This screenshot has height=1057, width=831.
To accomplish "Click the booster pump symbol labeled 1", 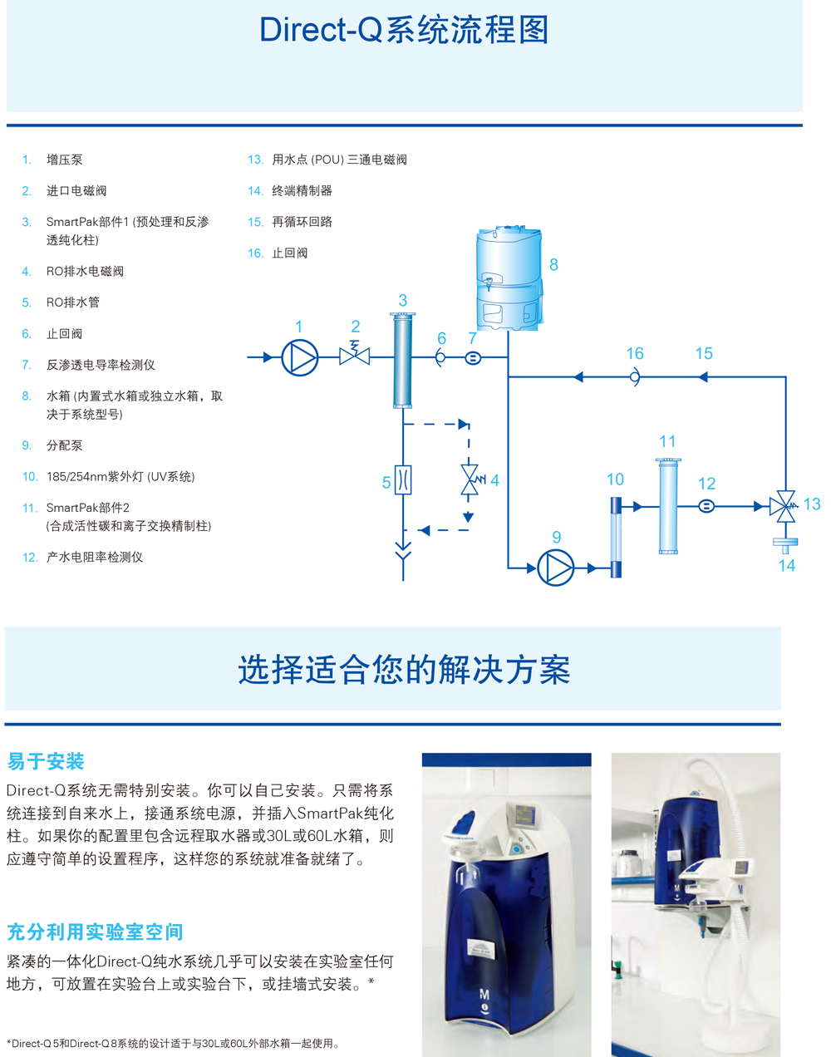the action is [300, 357].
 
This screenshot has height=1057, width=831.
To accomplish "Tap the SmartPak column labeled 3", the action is [403, 361].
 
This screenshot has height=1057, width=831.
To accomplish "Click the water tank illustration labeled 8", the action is [509, 278].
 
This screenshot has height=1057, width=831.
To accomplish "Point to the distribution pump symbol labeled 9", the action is [555, 568].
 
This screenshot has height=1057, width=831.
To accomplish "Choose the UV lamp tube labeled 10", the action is [616, 538].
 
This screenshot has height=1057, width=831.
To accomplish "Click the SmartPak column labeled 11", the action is [668, 506].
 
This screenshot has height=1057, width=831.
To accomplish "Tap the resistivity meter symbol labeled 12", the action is [706, 506].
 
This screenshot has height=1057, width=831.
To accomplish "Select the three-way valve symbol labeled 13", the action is [784, 506].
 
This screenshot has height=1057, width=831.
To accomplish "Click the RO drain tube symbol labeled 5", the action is [403, 479].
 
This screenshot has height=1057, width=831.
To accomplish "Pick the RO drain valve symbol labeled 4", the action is [471, 479].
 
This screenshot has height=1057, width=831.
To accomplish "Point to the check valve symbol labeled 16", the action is [635, 377].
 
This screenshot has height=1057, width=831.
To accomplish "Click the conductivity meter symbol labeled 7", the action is [473, 358].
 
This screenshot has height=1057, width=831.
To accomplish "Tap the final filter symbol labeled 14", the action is [785, 545].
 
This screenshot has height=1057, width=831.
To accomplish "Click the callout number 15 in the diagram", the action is [704, 353].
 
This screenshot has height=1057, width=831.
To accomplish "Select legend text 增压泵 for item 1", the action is [64, 160].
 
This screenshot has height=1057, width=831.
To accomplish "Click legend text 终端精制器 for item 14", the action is [302, 190].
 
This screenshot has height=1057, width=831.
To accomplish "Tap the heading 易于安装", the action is [46, 761].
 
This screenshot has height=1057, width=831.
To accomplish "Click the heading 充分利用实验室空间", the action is [96, 932].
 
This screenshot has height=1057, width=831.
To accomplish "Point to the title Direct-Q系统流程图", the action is [404, 30].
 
